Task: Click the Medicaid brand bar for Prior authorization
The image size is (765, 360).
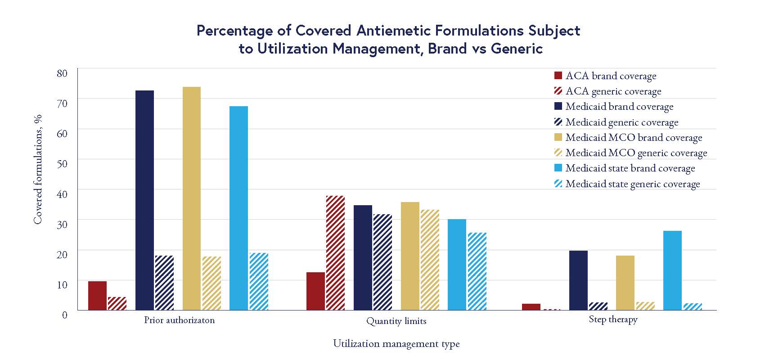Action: tap(144, 200)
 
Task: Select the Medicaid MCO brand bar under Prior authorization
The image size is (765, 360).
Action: tap(192, 198)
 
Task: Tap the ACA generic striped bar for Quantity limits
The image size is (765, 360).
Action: tap(335, 253)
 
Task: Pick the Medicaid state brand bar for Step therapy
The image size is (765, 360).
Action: tap(672, 270)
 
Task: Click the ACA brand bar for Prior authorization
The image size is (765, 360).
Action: tap(97, 296)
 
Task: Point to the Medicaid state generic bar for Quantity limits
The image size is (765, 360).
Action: tap(477, 271)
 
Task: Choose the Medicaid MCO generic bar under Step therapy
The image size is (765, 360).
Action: tap(645, 306)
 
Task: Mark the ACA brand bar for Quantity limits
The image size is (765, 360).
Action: tap(315, 291)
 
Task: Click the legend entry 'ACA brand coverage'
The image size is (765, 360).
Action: tap(611, 76)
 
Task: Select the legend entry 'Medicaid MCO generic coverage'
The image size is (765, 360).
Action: tap(636, 153)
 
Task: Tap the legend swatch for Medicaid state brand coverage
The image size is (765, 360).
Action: tap(558, 168)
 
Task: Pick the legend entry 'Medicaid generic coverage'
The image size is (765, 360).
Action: tap(621, 122)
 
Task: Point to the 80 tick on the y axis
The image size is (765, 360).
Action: tap(62, 73)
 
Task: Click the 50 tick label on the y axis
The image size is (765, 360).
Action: tap(62, 163)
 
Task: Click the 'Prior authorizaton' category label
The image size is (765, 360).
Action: tap(179, 320)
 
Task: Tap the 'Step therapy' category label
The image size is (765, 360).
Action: tap(613, 319)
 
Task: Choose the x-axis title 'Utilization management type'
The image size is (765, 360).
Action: tap(396, 344)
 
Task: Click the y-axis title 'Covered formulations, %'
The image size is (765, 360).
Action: tap(38, 169)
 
